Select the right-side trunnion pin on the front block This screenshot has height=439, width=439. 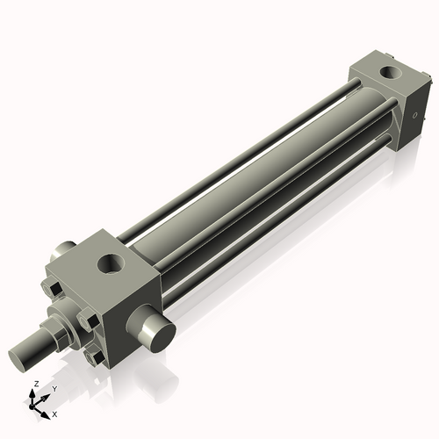[155, 335]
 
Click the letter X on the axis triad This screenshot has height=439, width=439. [54, 413]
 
